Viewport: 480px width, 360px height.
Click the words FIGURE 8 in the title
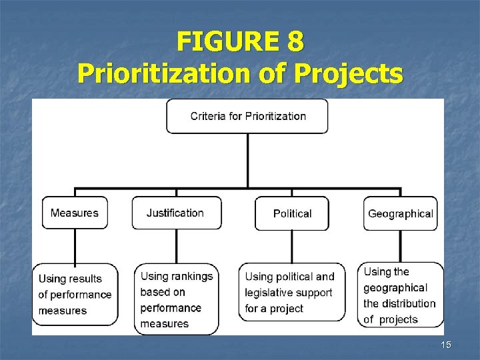240,42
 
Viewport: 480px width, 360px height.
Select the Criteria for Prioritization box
248,116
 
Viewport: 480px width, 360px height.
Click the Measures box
75,213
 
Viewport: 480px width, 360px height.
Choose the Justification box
175,213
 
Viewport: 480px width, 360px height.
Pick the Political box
292,213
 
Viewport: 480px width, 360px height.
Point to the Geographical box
400,213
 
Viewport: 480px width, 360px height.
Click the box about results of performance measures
75,295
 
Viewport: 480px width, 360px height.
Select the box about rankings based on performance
177,300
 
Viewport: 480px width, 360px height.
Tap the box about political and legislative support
291,292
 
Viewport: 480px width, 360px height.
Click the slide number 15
446,344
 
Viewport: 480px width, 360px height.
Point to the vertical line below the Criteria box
248,160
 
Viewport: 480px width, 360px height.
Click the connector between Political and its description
292,247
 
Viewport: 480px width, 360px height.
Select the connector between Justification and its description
176,247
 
